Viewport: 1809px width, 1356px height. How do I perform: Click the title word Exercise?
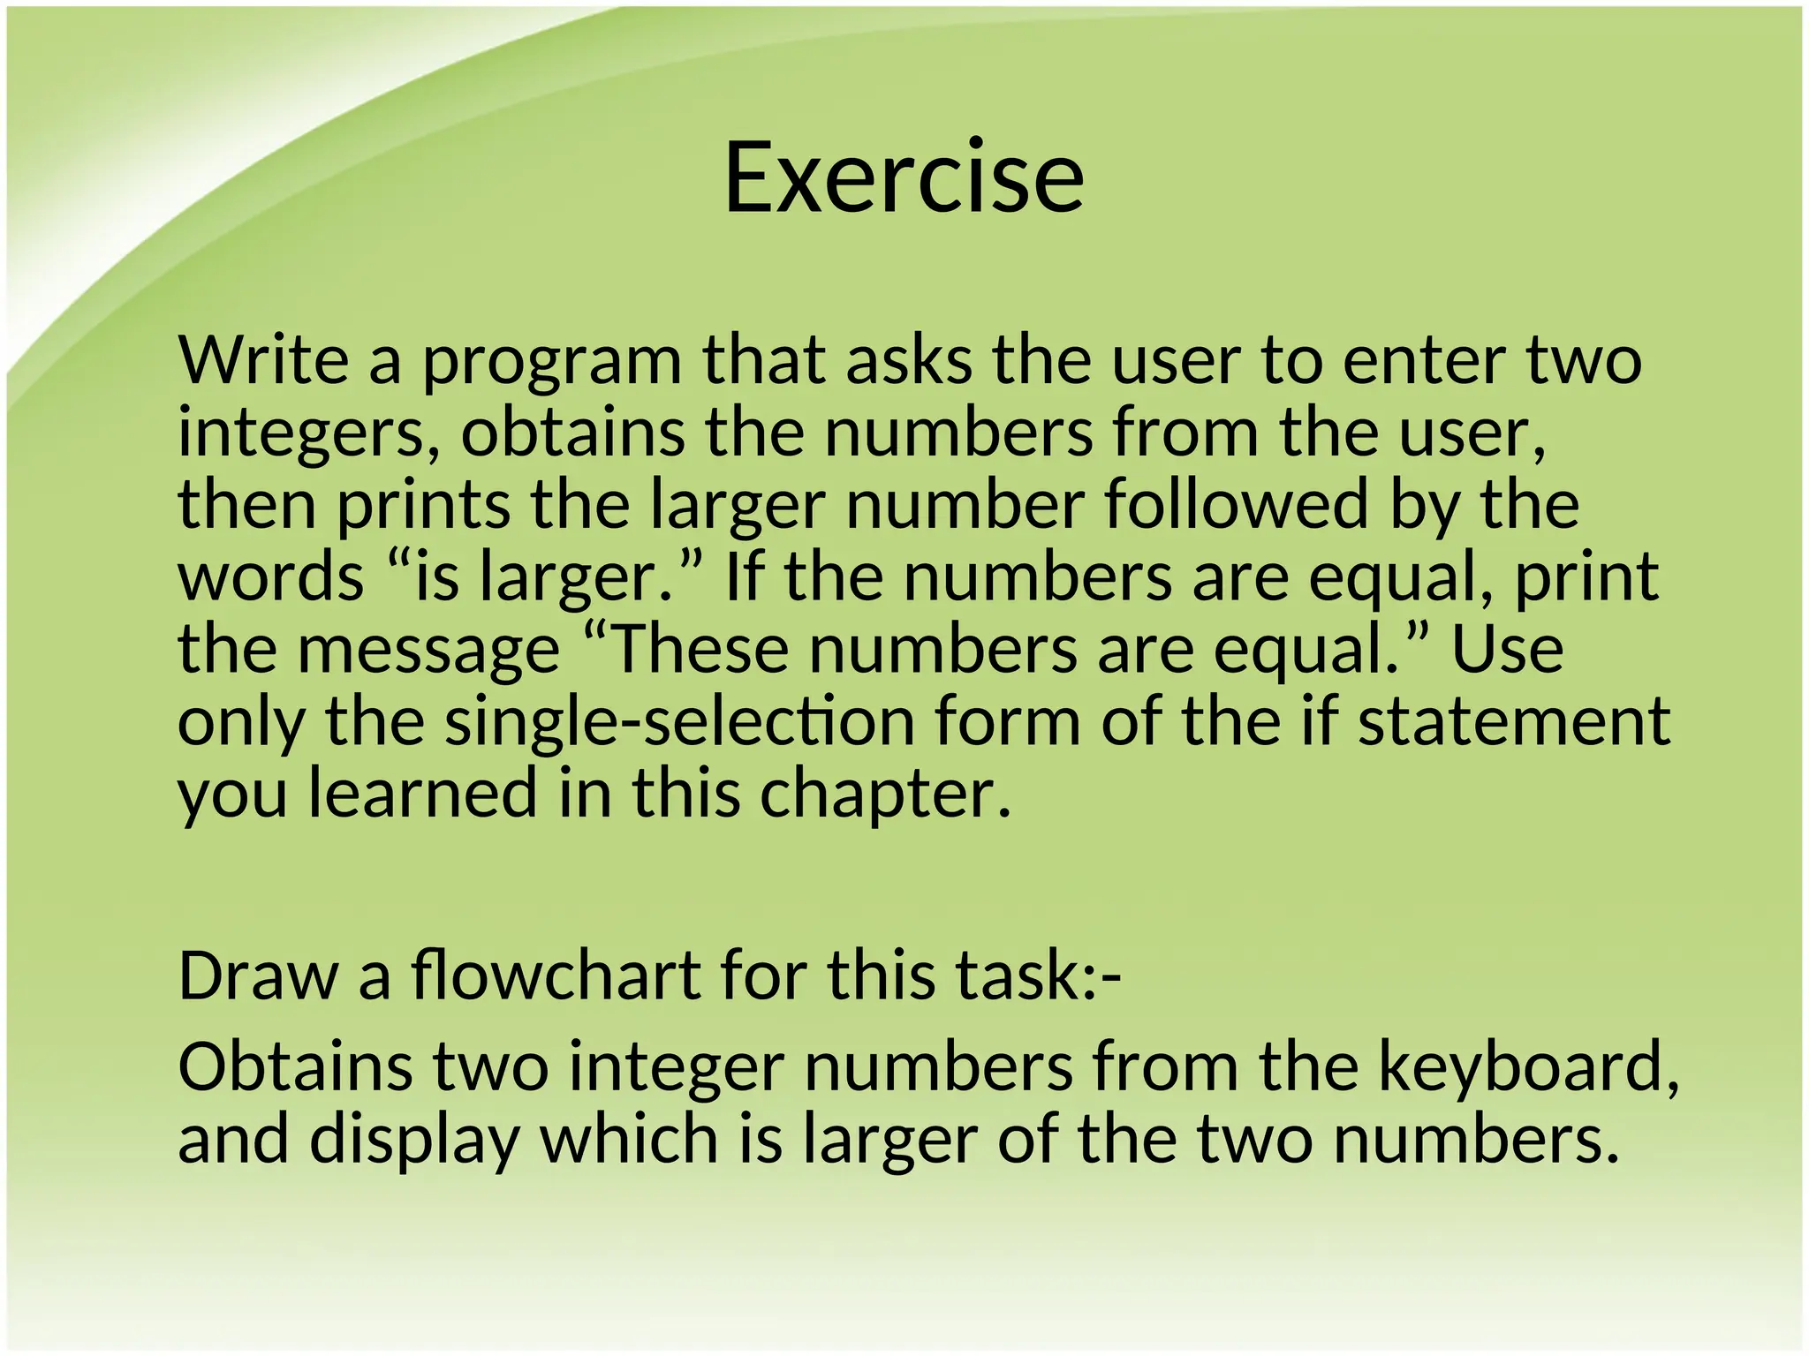[x=904, y=178]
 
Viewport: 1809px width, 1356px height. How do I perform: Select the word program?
[x=552, y=364]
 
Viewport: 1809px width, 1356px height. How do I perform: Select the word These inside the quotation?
[x=700, y=649]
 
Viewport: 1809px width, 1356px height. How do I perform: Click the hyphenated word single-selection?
[x=679, y=722]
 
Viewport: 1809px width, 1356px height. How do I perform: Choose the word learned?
[x=422, y=793]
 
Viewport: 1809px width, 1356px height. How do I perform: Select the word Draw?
[x=259, y=976]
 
